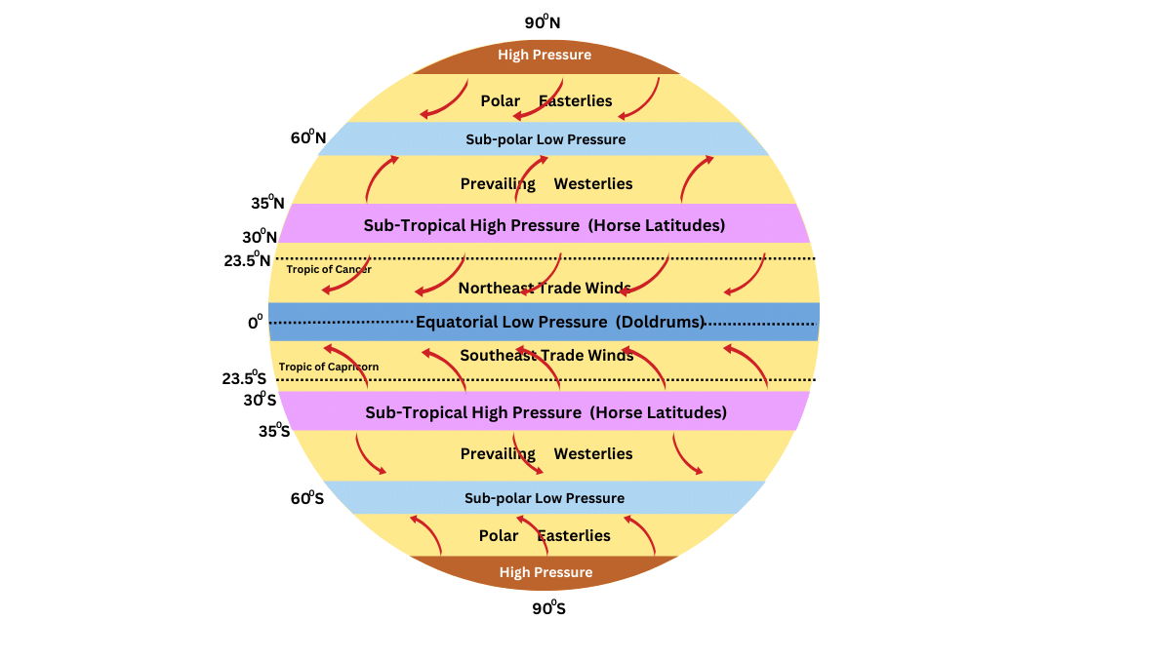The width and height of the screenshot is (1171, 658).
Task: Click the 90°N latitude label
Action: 543,21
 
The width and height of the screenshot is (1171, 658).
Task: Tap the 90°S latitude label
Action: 549,608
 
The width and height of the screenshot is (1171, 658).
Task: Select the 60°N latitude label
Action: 307,137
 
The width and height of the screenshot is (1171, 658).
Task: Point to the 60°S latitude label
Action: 306,498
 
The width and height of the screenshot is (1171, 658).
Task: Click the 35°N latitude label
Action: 267,204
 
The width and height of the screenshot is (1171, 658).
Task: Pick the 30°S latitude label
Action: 260,399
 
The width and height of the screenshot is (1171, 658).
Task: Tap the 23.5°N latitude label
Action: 246,260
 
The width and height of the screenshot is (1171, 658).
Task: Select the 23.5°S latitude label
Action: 244,379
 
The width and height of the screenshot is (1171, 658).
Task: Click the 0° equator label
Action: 255,321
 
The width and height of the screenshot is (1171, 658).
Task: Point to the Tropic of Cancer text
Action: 329,269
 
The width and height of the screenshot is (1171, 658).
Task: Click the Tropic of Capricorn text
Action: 329,367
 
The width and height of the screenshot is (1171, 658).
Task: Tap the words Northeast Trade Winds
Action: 545,288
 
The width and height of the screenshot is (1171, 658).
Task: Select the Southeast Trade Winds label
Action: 546,355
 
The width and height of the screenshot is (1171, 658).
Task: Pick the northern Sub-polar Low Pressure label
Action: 545,139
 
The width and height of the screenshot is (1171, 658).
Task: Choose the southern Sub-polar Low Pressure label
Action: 545,498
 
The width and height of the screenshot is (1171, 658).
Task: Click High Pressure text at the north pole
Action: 545,55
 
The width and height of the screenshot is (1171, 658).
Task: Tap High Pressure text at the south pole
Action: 545,572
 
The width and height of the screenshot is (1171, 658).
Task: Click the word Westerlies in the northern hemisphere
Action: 593,183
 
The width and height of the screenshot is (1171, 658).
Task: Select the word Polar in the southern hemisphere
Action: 499,535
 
